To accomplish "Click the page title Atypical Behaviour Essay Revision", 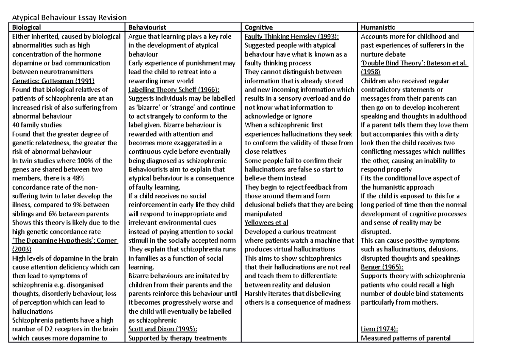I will pyautogui.click(x=65, y=17).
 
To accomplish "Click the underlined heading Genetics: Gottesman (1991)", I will pyautogui.click(x=53, y=81).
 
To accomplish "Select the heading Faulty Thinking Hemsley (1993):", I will pyautogui.click(x=292, y=37).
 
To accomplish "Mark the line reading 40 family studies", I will pyautogui.click(x=37, y=125).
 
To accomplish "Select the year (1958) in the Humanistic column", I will pyautogui.click(x=371, y=72).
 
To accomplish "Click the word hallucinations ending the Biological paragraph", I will pyautogui.click(x=32, y=311).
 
